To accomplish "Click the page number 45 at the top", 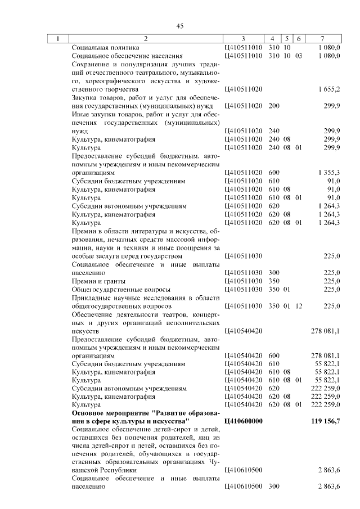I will [x=180, y=26].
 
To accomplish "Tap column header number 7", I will [x=322, y=39].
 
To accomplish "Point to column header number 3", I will [x=243, y=39].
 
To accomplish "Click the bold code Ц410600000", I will [x=243, y=421].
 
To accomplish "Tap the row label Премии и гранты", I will [x=98, y=281].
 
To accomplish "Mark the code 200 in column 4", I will [x=274, y=106].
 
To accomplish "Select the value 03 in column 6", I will [x=299, y=56].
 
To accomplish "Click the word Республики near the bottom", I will [x=115, y=470].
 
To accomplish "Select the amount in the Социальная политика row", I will [x=328, y=48].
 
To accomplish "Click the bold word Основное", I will [x=89, y=413].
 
